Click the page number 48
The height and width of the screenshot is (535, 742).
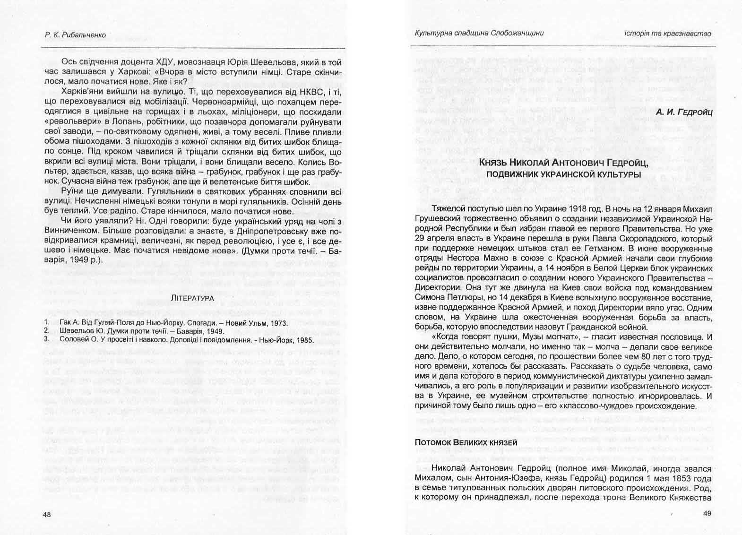46,514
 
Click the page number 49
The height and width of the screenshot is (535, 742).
707,513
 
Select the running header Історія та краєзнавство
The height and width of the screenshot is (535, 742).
667,33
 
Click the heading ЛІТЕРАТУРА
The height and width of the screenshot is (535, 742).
192,298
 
